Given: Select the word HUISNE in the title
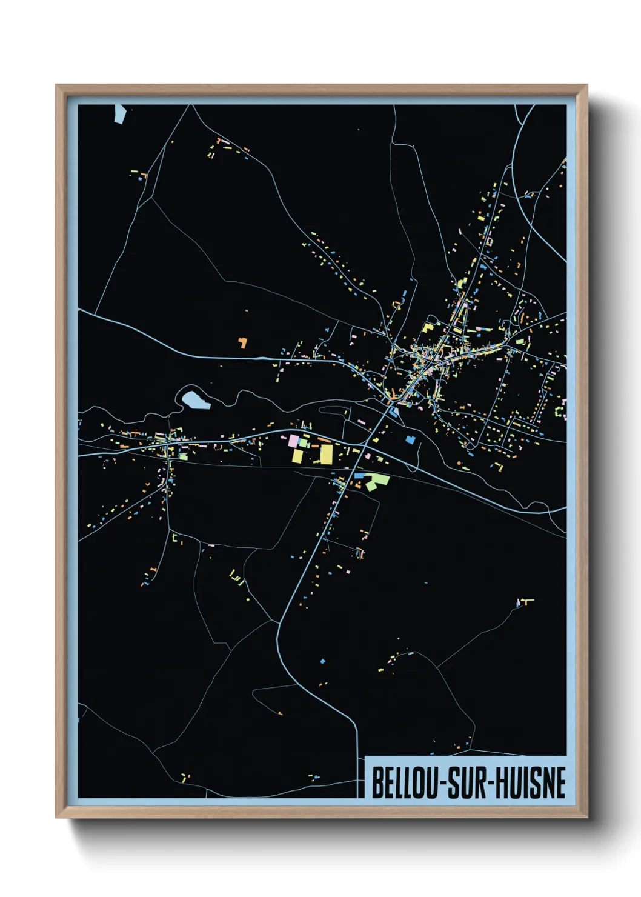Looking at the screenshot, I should point(531,782).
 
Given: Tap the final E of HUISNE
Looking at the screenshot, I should point(560,782).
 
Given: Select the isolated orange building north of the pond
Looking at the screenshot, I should point(243,343).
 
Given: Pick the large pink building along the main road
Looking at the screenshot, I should point(294,441).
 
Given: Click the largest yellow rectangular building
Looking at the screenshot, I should point(326,454).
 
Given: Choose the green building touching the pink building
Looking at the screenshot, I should point(303,443).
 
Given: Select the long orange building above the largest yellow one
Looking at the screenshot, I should point(324,440).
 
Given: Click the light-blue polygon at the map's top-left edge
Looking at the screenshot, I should point(119,113).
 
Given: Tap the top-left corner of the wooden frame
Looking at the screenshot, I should point(56,85).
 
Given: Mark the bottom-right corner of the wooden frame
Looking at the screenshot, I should point(587,817).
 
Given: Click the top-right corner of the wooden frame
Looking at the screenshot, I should point(587,85).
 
